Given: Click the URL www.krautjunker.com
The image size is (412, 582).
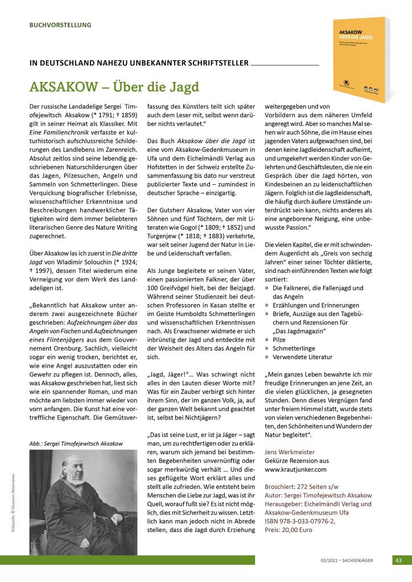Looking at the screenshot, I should coord(296,470).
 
